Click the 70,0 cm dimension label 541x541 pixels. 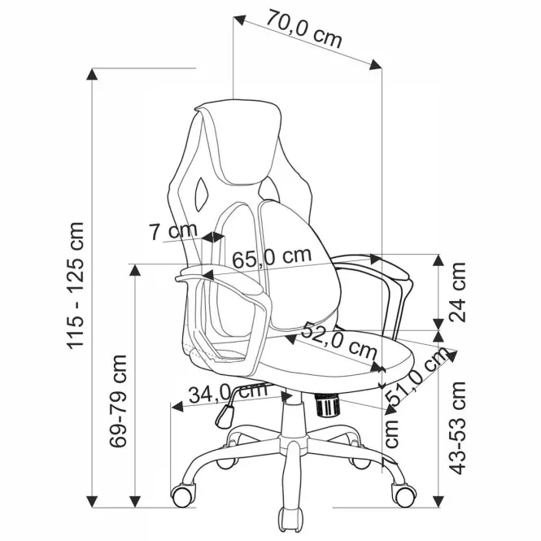click(303, 28)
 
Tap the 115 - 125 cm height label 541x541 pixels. click(76, 286)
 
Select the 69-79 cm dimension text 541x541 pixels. click(118, 400)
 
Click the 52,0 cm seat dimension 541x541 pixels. click(338, 341)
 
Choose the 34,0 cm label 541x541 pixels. click(229, 392)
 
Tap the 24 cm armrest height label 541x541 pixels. click(457, 292)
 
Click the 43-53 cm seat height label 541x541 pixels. click(457, 428)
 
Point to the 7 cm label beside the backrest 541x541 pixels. click(172, 231)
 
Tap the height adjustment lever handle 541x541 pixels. click(225, 416)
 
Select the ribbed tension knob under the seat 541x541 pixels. click(327, 404)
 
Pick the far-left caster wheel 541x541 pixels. click(183, 495)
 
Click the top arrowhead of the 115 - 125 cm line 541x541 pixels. click(92, 75)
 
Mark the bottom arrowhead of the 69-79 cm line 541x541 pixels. click(135, 501)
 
